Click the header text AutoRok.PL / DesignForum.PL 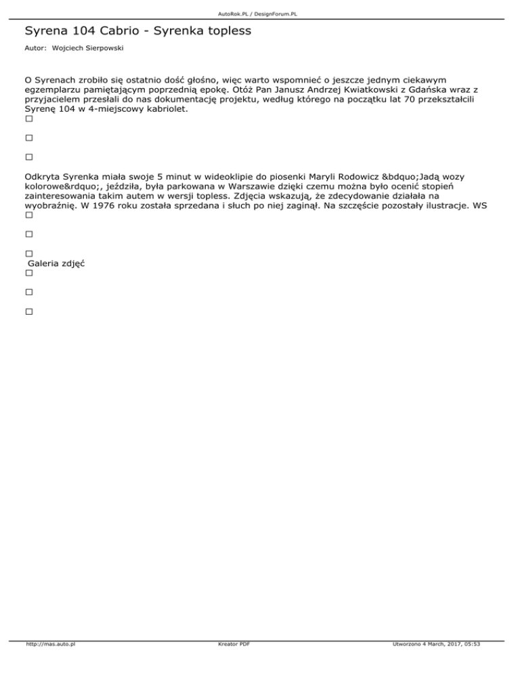260,14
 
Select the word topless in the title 229,31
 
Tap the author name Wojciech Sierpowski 100,49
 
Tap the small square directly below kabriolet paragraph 28,118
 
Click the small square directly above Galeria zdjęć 28,253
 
